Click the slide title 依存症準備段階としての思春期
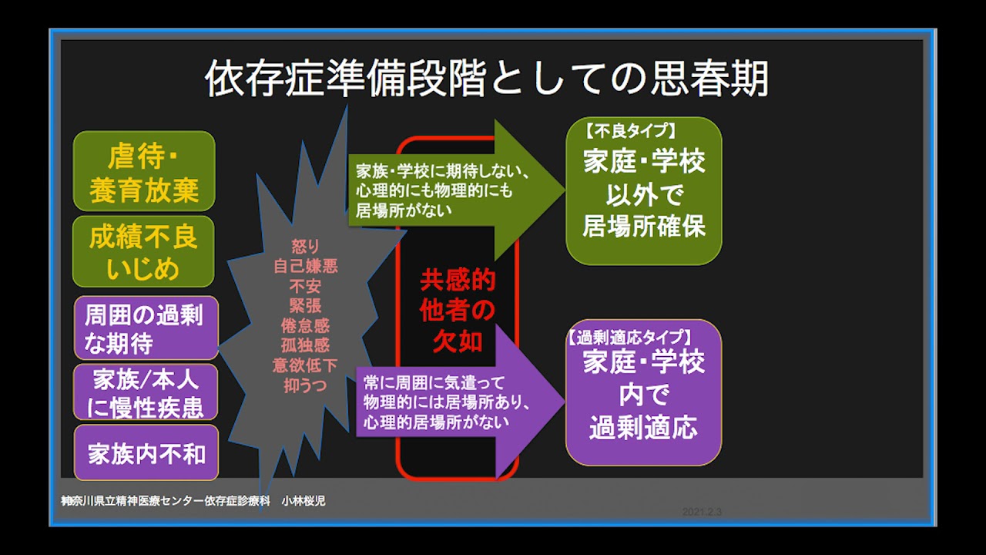pos(487,79)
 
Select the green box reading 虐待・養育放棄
pos(144,171)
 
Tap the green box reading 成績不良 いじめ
pos(143,251)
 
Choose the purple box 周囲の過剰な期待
pos(146,328)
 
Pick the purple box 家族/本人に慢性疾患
pos(146,392)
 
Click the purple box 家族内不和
pos(146,452)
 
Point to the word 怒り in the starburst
pos(305,247)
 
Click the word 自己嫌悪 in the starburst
pos(306,266)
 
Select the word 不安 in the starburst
pos(305,286)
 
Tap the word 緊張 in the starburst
pos(305,306)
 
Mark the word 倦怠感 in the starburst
pos(305,325)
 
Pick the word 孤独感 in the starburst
pos(305,345)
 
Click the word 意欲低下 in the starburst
pos(305,365)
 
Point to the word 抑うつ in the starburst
pos(305,385)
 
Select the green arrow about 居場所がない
pos(455,190)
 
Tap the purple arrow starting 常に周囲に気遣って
pos(460,402)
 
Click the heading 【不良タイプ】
pos(629,131)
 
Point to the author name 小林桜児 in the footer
pos(304,501)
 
